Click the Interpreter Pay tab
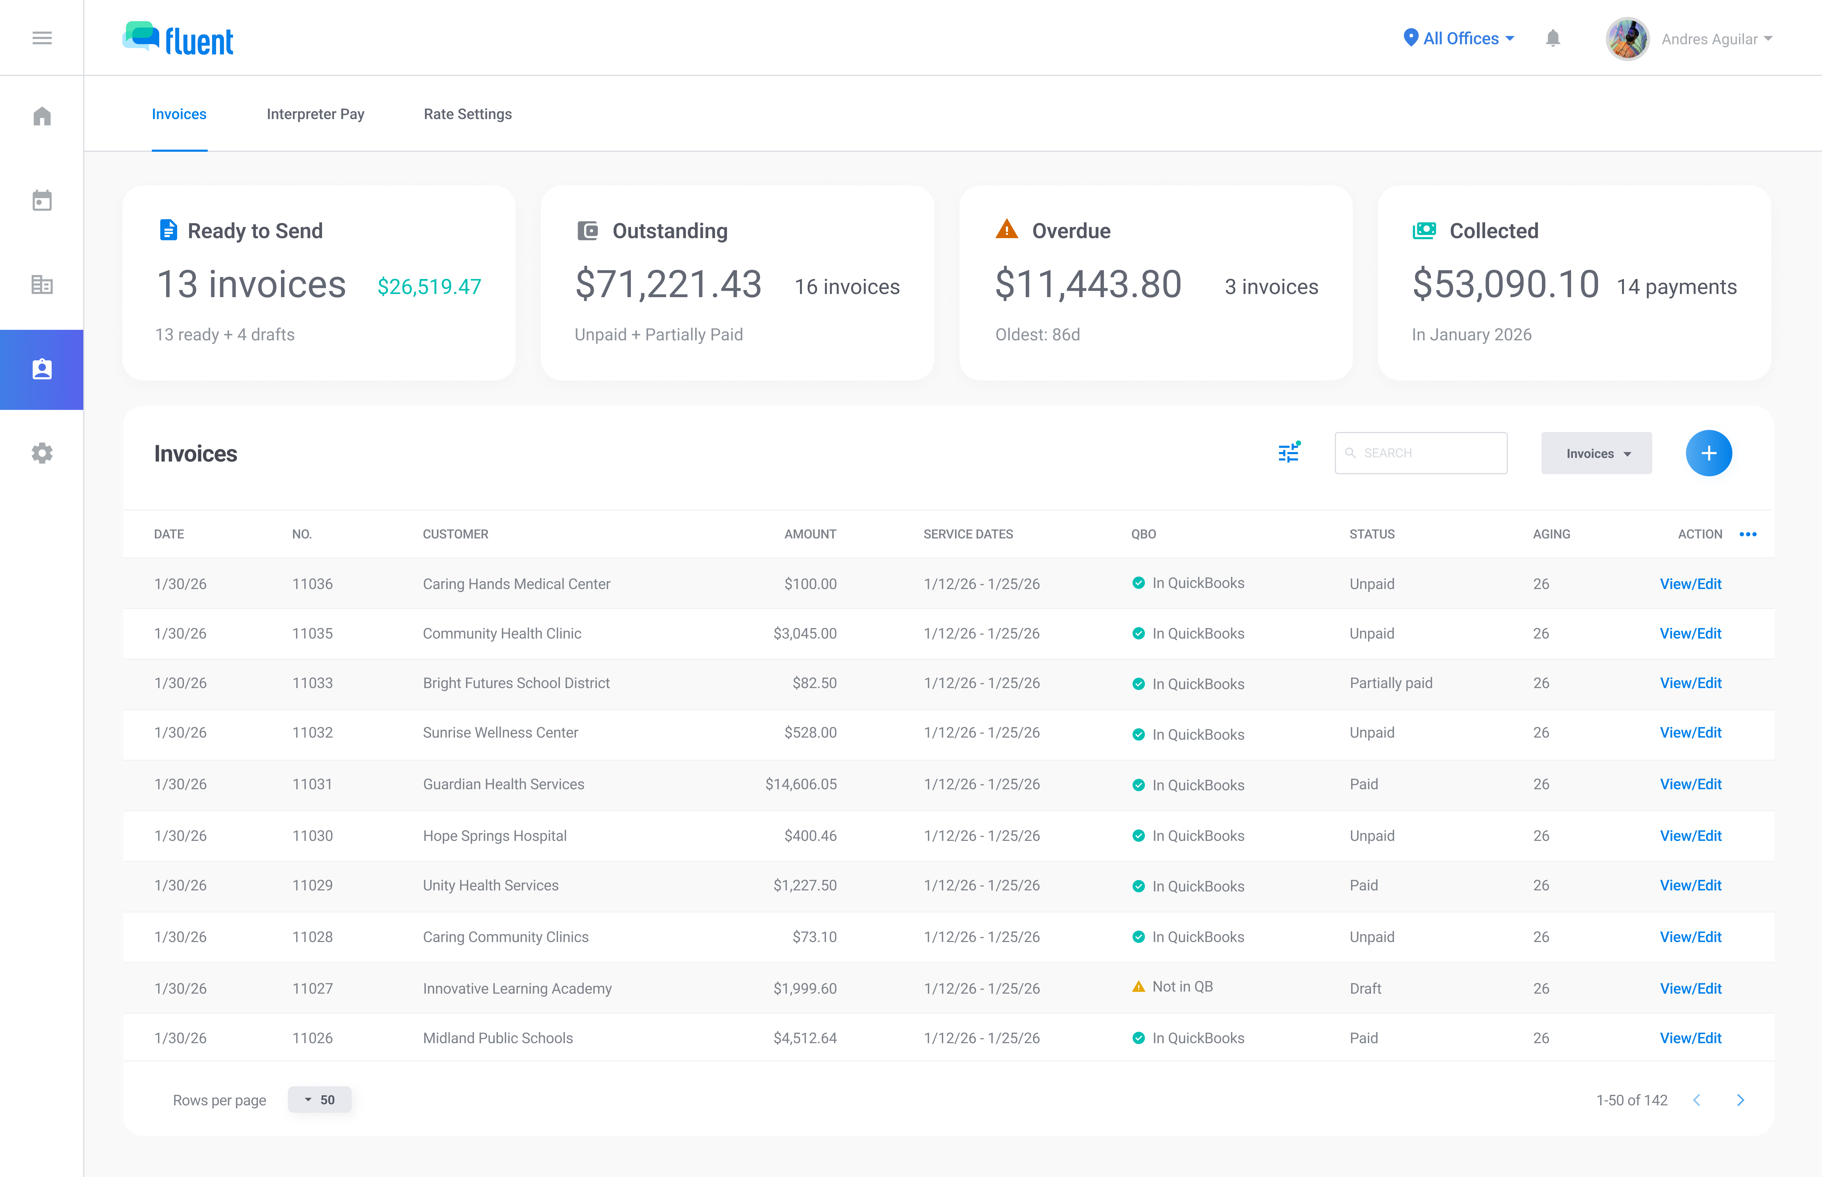tap(315, 114)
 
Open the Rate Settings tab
tap(467, 114)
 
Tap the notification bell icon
tap(1552, 38)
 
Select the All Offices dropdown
tap(1459, 38)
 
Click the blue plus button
tap(1708, 453)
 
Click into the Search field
tap(1421, 453)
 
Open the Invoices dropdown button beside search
tap(1596, 453)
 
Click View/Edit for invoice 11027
tap(1690, 988)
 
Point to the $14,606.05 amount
tap(801, 784)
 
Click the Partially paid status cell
tap(1390, 683)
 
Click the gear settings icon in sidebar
tap(42, 453)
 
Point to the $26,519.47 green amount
tap(429, 287)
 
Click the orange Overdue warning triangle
tap(1006, 229)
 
